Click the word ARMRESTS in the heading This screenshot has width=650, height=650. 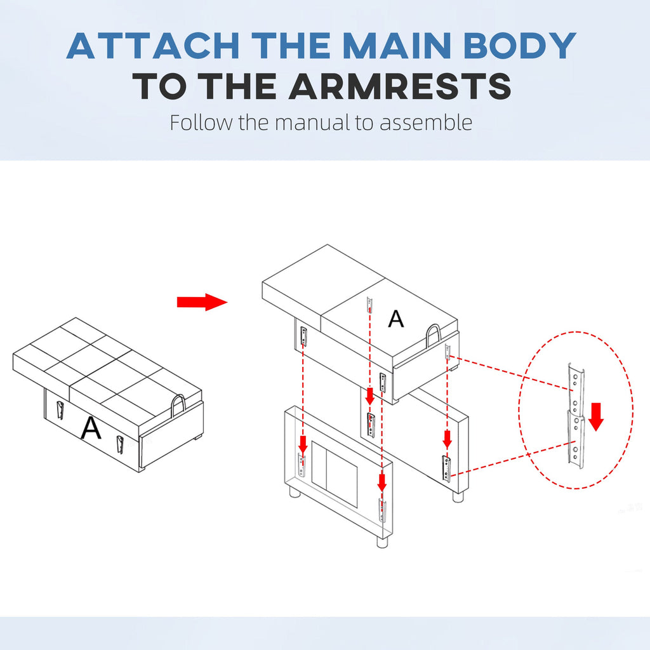coord(400,86)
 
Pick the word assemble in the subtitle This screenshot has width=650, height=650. coord(426,123)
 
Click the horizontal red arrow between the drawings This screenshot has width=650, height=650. coord(202,302)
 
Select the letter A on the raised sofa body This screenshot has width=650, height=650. coord(396,319)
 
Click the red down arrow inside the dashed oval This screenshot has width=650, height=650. coord(596,416)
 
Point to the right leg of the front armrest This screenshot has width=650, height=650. coord(383,542)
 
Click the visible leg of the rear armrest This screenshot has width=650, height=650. coord(458,496)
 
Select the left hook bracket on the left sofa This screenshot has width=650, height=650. coord(60,410)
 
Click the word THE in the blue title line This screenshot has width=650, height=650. coord(291,45)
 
